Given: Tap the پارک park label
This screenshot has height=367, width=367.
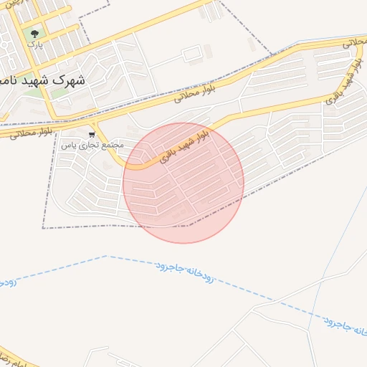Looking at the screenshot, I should [34, 44].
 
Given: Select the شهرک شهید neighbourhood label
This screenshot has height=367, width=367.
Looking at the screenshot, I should [43, 80].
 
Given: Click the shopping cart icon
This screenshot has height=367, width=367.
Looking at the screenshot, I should [92, 135].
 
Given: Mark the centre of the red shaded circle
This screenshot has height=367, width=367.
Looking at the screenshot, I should [183, 183].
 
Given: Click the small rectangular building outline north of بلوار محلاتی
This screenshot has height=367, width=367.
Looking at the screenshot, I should [191, 54].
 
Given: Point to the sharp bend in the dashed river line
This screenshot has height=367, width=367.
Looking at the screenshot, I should [106, 256].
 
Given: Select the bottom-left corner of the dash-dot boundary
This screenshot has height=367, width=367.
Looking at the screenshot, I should [43, 228].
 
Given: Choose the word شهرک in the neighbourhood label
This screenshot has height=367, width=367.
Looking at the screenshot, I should [69, 80].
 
